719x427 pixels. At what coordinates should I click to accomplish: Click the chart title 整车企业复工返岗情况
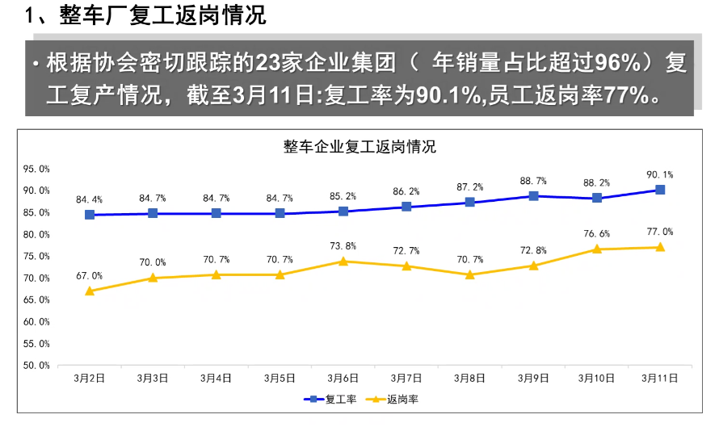tap(359, 147)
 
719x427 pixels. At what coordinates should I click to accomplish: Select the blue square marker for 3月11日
tap(660, 190)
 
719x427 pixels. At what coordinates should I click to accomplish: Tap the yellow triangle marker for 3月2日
tap(90, 291)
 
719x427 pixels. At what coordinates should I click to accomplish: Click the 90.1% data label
tap(660, 174)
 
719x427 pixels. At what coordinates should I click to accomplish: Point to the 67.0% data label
tap(90, 275)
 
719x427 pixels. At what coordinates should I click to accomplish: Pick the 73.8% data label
tap(343, 245)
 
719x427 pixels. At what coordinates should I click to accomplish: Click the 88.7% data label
tap(533, 181)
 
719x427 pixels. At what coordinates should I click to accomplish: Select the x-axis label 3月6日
tap(343, 377)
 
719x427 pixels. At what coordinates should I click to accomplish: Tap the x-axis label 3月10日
tap(596, 377)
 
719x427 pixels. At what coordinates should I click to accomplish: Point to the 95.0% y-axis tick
tap(36, 169)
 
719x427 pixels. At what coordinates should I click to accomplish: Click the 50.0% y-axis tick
tap(36, 365)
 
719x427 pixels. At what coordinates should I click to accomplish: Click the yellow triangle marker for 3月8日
tap(470, 274)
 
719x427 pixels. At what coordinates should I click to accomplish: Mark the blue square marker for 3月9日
tap(533, 196)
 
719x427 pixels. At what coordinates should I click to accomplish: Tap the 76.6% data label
tap(596, 234)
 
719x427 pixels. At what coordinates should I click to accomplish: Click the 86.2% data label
tap(406, 191)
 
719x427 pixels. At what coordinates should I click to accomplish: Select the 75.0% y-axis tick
tap(36, 256)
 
